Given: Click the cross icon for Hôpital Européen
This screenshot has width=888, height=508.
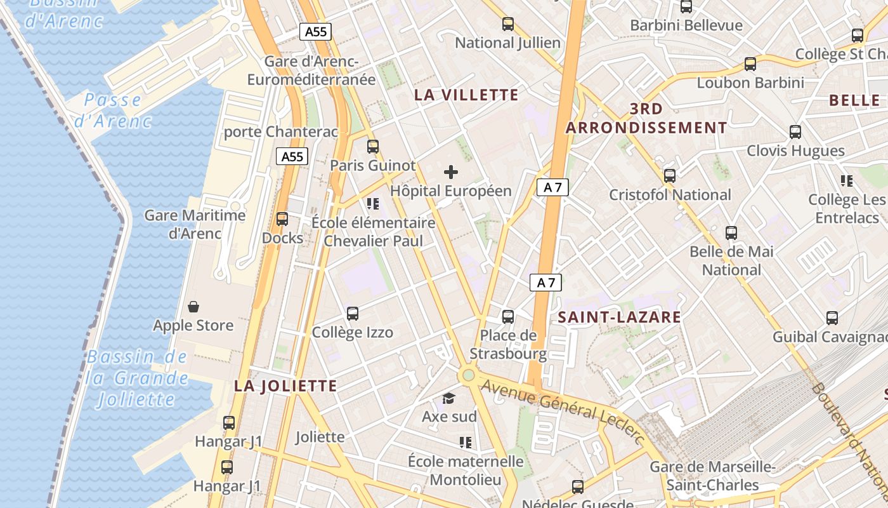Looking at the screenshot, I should click(451, 171).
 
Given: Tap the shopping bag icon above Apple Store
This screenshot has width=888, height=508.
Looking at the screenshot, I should click(193, 307).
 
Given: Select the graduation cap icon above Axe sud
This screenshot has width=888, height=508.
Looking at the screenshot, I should click(449, 398).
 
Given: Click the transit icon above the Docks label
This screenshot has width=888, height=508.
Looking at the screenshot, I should click(282, 219).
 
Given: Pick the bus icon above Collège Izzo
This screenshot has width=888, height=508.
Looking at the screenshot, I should click(353, 313).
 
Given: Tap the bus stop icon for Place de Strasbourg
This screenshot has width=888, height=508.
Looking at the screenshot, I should click(508, 316).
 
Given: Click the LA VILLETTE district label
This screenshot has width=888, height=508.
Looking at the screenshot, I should click(466, 95).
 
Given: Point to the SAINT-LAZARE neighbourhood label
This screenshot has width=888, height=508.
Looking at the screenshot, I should click(619, 317).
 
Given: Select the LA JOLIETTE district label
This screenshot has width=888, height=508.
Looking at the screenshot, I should click(285, 385).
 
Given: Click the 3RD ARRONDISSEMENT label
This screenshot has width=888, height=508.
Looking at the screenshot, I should click(646, 118).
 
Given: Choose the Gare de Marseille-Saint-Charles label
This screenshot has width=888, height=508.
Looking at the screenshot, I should click(713, 476).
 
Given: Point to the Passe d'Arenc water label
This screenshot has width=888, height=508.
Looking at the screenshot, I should click(113, 110).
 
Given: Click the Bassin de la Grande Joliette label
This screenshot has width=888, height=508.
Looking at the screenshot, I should click(137, 378).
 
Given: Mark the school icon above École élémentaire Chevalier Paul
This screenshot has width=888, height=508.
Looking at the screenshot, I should click(373, 204).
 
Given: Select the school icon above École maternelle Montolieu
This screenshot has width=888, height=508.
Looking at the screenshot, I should click(466, 442).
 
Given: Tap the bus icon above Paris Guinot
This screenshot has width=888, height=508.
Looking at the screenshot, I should click(373, 146).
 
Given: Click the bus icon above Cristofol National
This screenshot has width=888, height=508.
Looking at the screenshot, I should click(669, 175).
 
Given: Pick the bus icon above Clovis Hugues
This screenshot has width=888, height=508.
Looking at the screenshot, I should click(795, 132).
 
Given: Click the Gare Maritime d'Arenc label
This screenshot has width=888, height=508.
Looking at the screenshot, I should click(195, 224).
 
